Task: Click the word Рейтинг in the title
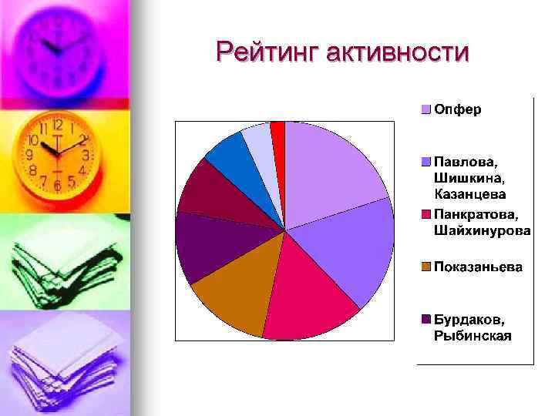[267, 52]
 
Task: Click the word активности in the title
[397, 52]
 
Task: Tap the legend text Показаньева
[478, 267]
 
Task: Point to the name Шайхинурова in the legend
[483, 230]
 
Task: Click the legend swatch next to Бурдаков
[425, 319]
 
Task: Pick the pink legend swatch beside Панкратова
[425, 214]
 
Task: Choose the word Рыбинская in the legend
[473, 335]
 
